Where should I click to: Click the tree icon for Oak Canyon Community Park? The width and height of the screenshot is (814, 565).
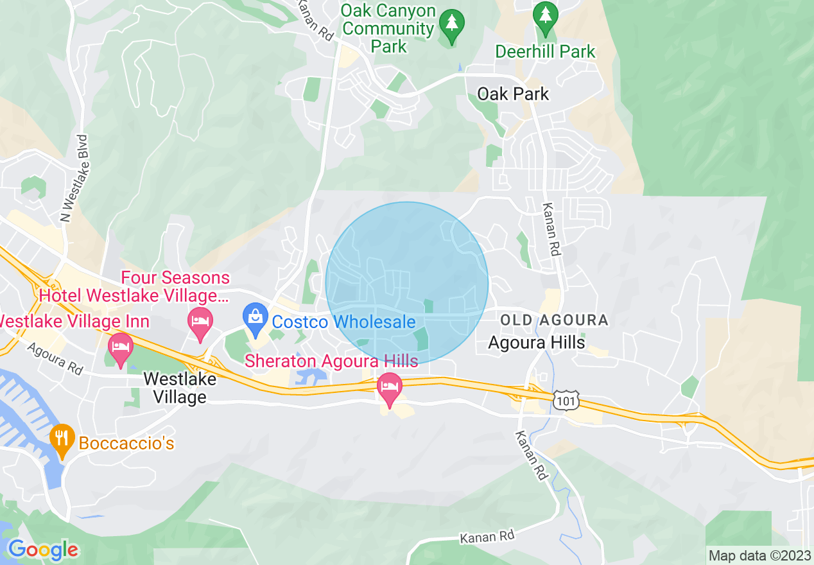coord(451,25)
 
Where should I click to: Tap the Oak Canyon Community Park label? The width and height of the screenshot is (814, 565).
coord(388,29)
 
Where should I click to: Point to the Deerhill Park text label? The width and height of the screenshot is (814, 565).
coord(545,51)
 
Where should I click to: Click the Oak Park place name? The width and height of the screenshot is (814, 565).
coord(513,94)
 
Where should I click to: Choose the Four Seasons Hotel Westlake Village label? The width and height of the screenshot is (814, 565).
coord(135,287)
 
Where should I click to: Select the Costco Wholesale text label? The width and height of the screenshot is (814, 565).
coord(343,322)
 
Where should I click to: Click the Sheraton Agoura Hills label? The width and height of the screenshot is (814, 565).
coord(331,361)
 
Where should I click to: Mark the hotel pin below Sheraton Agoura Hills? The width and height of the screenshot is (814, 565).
coord(389,389)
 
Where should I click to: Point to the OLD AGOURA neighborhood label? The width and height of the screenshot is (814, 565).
coord(553,320)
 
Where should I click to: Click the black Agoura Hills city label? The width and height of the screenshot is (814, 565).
coord(536,342)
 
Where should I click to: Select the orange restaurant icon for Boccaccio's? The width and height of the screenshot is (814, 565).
coord(62,440)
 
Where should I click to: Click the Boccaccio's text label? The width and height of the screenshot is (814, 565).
coord(126,443)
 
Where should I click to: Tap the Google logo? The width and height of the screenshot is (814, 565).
coord(43,550)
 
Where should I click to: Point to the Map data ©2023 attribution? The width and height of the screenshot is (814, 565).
coord(759,555)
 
